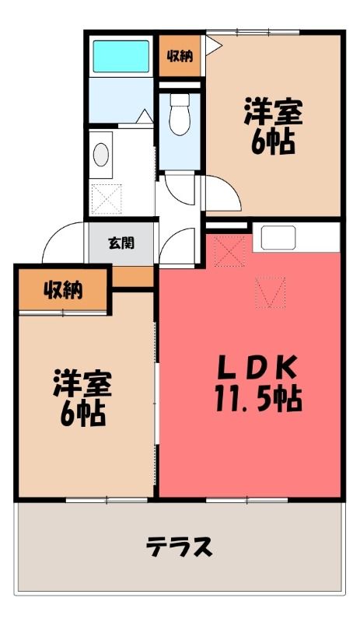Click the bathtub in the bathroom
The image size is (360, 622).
tap(121, 56)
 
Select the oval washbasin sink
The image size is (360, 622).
tap(101, 154)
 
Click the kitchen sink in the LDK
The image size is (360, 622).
tap(278, 238)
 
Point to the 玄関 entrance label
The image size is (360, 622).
tap(121, 243)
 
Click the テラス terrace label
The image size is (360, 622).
tap(180, 547)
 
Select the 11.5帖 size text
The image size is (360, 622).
tap(259, 398)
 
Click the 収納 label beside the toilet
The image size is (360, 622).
tap(180, 56)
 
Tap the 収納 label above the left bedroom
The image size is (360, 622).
tap(63, 291)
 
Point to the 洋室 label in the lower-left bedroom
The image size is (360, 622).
tap(82, 383)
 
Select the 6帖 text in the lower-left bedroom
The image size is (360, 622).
tap(82, 414)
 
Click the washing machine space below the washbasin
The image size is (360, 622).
tap(107, 199)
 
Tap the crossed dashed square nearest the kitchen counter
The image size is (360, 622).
tap(229, 250)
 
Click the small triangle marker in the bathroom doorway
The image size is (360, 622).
tap(144, 116)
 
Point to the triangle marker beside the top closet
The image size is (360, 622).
tap(213, 44)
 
